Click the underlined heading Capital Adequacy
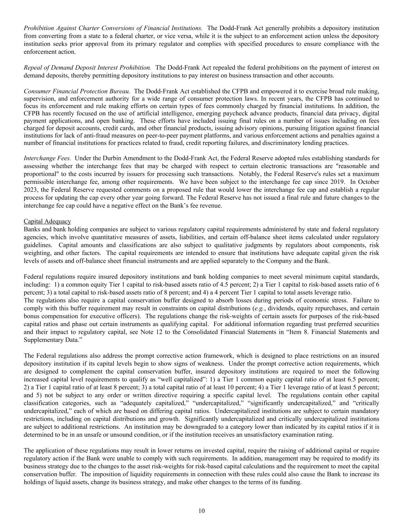[x=47, y=221]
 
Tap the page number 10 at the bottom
[x=201, y=511]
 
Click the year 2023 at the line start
[x=30, y=190]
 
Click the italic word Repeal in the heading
[x=32, y=67]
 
